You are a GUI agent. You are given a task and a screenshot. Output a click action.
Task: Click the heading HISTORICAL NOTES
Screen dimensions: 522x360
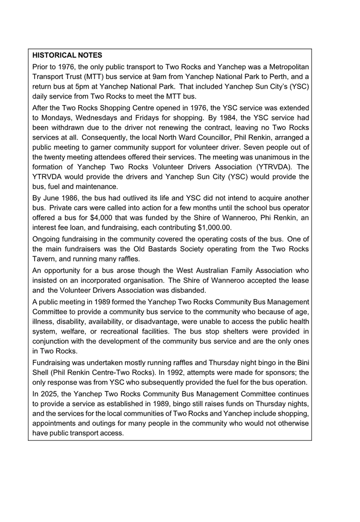[x=67, y=55]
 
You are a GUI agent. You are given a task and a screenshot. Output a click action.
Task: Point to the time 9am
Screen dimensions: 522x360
[x=162, y=77]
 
